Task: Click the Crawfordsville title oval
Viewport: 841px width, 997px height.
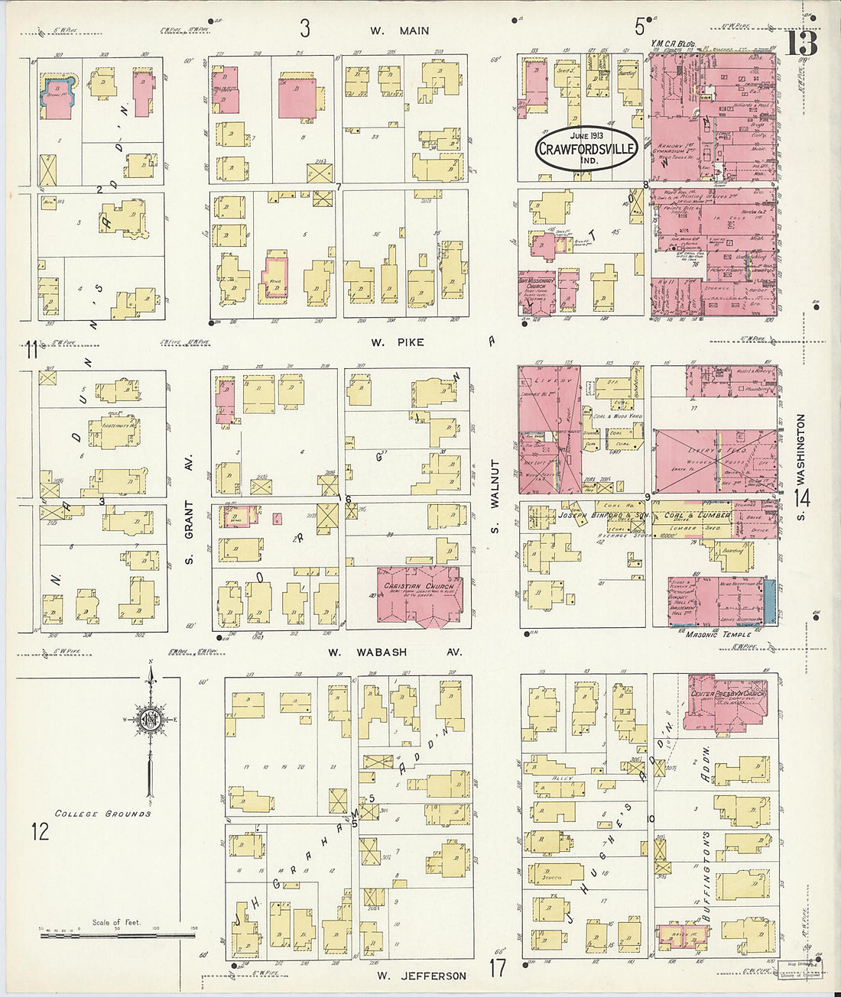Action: [x=586, y=147]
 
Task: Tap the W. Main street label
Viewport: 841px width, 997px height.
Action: [x=399, y=31]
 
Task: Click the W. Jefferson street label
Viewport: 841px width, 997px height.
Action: [x=421, y=976]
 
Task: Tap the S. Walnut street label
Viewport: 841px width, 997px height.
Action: [x=495, y=497]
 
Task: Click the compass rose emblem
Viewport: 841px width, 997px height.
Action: [x=151, y=719]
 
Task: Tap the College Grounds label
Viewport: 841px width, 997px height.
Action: [x=102, y=814]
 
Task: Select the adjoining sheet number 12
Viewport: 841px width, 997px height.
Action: [x=40, y=830]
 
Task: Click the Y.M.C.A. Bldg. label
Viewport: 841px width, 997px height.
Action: [x=673, y=45]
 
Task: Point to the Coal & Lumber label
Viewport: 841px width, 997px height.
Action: [x=696, y=515]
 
